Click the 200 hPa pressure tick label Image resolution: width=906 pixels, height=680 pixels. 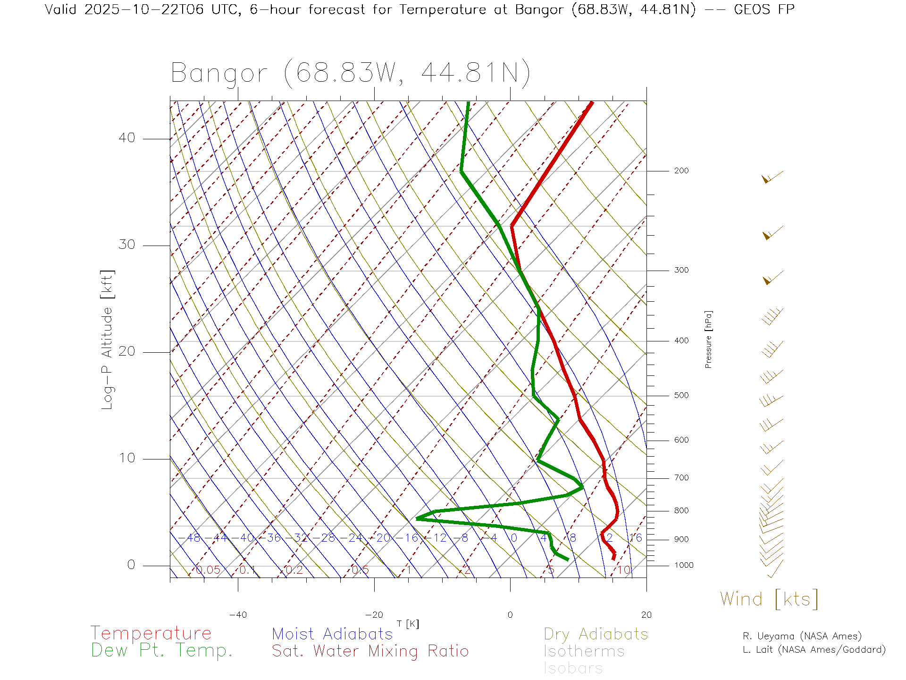(681, 170)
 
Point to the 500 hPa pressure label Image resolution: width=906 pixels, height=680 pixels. (681, 395)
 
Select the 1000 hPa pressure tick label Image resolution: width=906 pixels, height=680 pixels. (683, 565)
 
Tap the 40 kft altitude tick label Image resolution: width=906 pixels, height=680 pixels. (126, 138)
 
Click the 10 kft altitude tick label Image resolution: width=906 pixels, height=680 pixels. (126, 458)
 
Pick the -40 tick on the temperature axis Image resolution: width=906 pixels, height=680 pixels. (238, 615)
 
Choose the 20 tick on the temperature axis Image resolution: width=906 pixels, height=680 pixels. (646, 615)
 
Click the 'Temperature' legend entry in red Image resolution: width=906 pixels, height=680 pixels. (151, 633)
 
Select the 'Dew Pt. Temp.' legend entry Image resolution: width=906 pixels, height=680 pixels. (162, 650)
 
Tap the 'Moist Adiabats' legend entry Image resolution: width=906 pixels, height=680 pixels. (332, 634)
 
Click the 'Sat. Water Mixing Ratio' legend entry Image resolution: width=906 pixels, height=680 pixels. (370, 651)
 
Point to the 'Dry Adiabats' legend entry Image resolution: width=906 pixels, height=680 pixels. (596, 634)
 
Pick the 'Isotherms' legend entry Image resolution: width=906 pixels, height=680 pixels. (584, 651)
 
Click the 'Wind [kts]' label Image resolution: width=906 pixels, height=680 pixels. (769, 599)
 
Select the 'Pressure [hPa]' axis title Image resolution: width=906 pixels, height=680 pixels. (708, 339)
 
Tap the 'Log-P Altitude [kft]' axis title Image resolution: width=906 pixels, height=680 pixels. (108, 340)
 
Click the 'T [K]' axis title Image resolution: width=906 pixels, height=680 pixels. (408, 624)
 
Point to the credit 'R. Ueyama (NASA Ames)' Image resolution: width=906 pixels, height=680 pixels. (802, 636)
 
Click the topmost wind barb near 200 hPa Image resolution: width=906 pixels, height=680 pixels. (772, 178)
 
